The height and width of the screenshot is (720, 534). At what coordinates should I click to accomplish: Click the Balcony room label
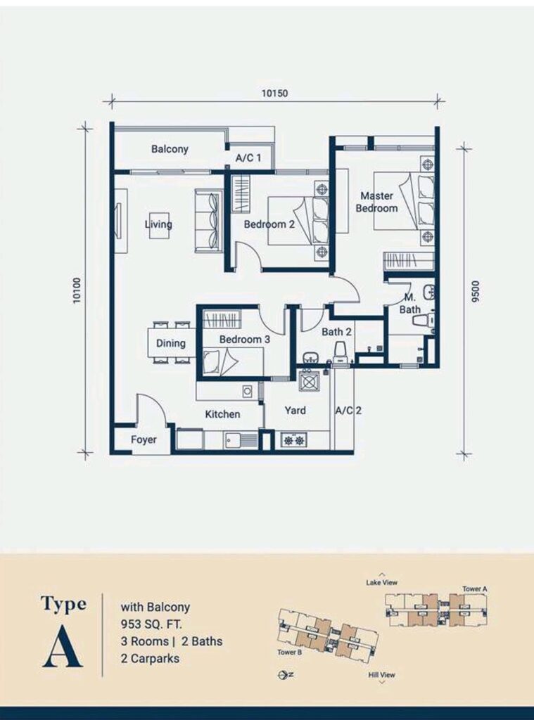(x=170, y=149)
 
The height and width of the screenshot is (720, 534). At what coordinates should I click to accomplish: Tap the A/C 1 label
(x=248, y=158)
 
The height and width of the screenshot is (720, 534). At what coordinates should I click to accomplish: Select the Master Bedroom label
(x=376, y=202)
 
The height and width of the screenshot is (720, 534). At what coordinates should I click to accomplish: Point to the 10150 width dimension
(x=274, y=94)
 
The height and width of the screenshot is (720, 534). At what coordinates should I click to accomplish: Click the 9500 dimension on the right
(x=475, y=295)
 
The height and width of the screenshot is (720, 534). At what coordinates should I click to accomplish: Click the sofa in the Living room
(x=208, y=220)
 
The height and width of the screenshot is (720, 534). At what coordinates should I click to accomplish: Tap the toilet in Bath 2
(x=341, y=353)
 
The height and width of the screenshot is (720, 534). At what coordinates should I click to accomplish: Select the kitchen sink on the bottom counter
(x=241, y=440)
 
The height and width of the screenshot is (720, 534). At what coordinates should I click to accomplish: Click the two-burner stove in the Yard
(x=294, y=440)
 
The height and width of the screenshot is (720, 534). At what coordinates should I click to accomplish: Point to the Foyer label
(x=144, y=439)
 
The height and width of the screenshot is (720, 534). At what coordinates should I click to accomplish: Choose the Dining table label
(x=170, y=343)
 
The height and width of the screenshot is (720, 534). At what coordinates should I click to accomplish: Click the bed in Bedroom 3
(x=233, y=361)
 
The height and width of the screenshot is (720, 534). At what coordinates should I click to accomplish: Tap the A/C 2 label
(x=348, y=410)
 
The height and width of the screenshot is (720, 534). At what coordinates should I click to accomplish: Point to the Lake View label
(x=381, y=582)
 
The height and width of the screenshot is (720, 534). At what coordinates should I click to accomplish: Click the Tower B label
(x=290, y=652)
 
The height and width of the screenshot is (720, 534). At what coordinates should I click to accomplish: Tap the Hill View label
(x=381, y=674)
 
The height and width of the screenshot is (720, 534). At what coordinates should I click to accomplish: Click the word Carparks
(x=155, y=658)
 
